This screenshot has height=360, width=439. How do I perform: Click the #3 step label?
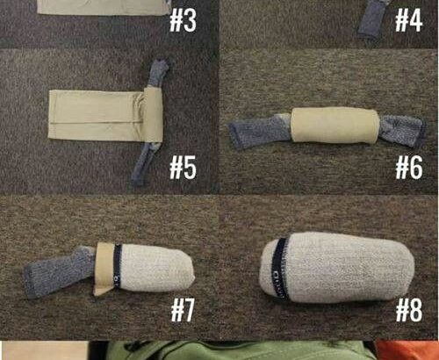click(183, 20)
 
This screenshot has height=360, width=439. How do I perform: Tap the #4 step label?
click(408, 20)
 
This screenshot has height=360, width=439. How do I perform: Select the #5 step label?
click(183, 168)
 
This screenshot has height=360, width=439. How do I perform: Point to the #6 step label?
click(409, 168)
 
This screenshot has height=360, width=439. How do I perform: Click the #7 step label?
click(183, 311)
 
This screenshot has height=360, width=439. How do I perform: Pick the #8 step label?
click(409, 311)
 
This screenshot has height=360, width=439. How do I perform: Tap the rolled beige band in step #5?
click(153, 115)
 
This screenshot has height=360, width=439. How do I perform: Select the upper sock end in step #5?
click(158, 73)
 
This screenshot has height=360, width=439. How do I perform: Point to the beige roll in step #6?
click(335, 126)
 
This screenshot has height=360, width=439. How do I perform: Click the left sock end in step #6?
click(260, 131)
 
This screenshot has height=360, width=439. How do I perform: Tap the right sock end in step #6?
click(402, 130)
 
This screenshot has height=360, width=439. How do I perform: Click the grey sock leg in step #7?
click(59, 272)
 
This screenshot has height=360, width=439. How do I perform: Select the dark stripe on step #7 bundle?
click(118, 266)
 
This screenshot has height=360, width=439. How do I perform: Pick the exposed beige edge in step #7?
click(104, 269)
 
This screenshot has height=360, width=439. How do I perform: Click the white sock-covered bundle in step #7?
click(156, 268)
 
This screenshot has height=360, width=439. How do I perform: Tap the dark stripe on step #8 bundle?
click(279, 268)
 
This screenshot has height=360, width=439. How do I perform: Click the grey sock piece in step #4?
click(371, 19)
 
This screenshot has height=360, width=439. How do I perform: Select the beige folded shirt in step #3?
click(104, 7)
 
